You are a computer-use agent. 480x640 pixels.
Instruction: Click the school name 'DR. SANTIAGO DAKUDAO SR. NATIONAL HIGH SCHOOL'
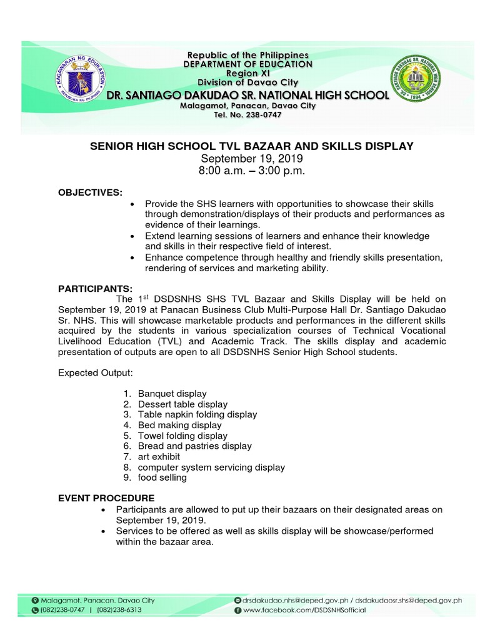coord(248,95)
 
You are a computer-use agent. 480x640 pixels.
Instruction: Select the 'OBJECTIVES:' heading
coord(90,191)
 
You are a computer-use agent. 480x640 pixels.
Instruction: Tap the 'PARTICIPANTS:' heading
coord(95,288)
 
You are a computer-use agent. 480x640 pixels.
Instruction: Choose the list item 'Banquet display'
coord(172,394)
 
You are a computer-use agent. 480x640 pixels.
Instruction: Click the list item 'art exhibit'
coord(159,456)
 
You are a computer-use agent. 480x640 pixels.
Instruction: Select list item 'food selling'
coord(162,477)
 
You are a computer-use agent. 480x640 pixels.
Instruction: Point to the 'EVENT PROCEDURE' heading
coord(106,498)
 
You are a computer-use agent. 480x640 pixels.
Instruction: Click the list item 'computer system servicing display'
coord(211,467)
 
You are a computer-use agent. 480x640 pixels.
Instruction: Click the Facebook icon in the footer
coord(237,610)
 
